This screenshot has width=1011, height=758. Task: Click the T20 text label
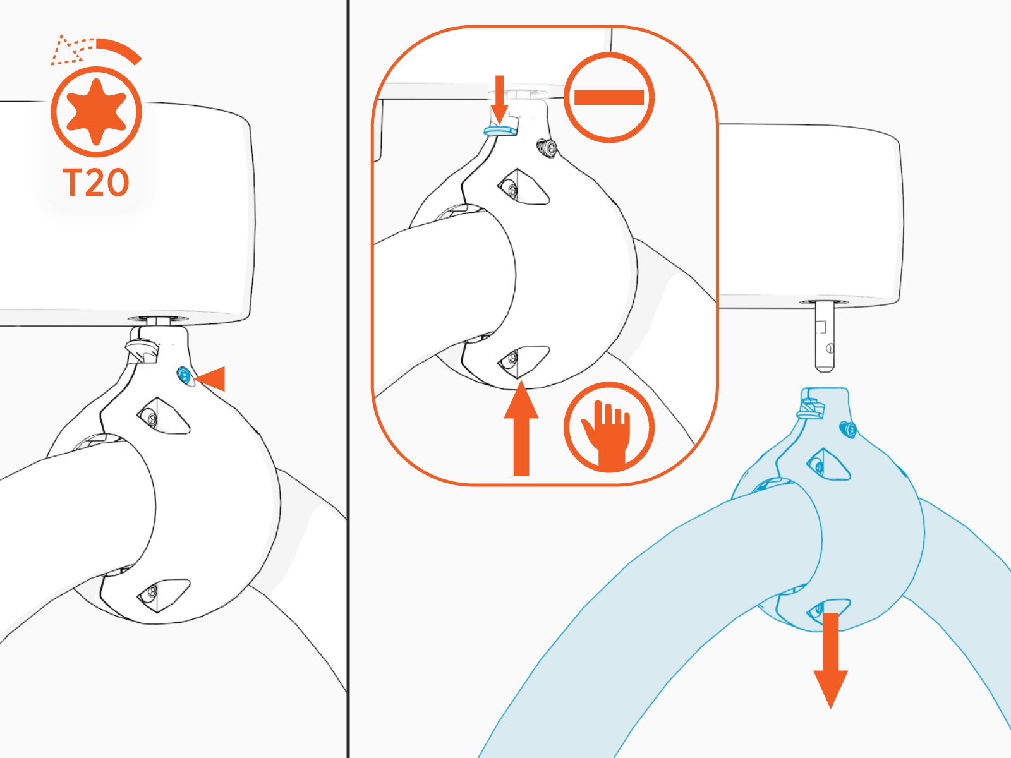click(96, 183)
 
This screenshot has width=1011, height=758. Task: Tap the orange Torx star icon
click(96, 112)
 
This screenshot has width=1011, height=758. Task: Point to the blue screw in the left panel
click(184, 376)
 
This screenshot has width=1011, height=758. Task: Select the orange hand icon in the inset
click(608, 428)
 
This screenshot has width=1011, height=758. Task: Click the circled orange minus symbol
click(608, 97)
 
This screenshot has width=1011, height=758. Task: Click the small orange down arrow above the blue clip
click(500, 98)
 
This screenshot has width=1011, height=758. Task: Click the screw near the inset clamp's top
click(547, 149)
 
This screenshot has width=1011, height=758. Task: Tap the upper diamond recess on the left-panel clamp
click(163, 416)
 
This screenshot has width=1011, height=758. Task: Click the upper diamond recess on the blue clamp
click(828, 464)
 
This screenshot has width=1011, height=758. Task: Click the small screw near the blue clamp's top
click(848, 430)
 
